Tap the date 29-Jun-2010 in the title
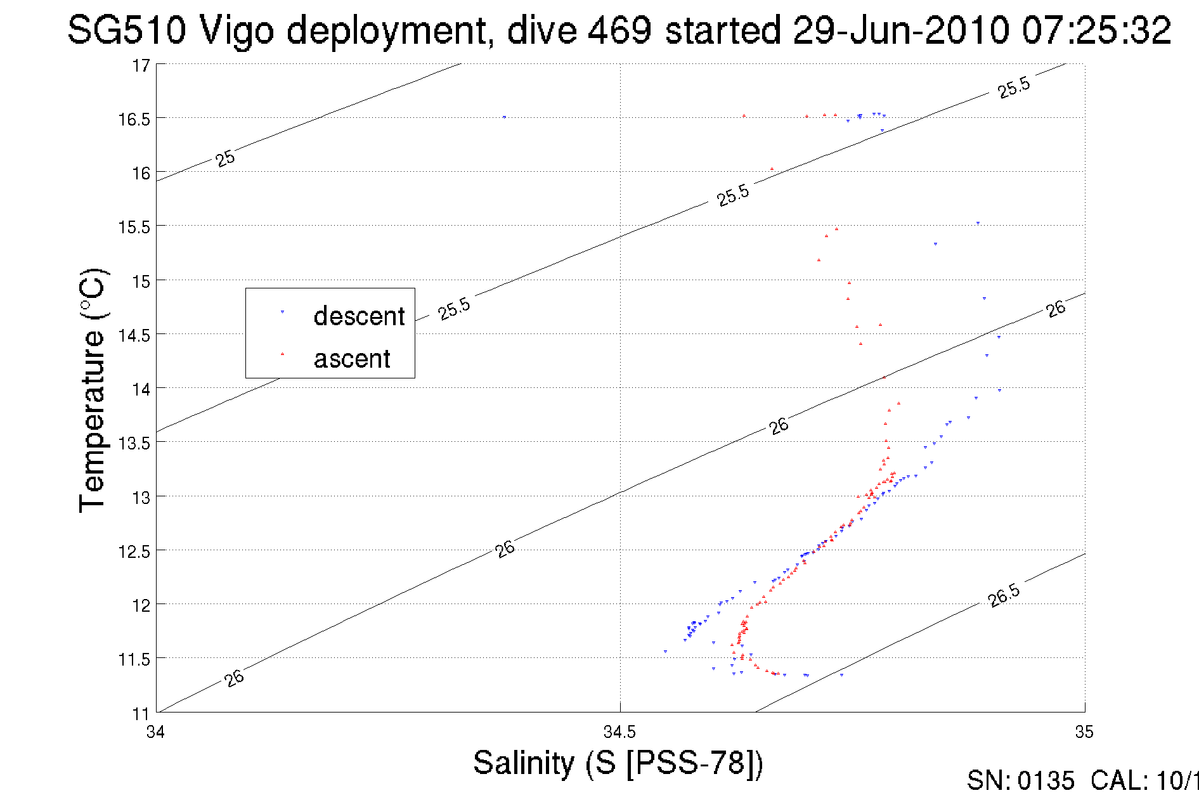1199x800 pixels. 900,30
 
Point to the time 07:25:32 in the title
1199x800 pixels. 1096,30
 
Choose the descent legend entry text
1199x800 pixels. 359,316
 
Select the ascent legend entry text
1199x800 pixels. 352,359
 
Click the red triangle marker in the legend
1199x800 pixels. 282,354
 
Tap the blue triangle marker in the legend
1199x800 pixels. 282,311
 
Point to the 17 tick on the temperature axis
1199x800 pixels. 141,66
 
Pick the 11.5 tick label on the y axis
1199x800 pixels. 134,660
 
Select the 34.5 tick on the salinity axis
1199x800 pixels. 619,732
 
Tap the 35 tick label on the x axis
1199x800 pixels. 1084,732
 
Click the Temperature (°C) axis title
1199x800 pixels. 93,390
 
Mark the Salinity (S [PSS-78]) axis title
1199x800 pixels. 618,763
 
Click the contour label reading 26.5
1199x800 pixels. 1004,596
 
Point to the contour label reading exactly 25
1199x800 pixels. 225,158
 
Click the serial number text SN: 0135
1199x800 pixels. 1020,781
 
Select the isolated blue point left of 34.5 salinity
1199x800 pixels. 504,117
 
